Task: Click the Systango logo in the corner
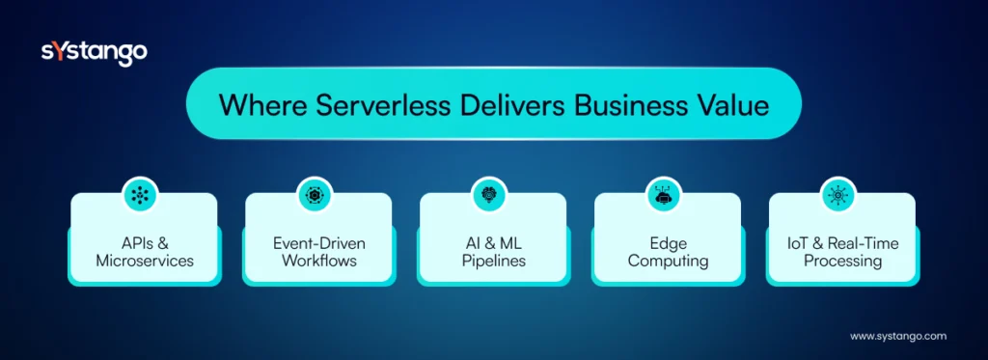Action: tap(94, 53)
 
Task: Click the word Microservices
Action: tap(144, 261)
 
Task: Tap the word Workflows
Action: tap(318, 261)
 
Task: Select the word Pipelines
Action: tap(492, 261)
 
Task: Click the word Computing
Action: tap(667, 261)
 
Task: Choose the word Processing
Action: tap(841, 261)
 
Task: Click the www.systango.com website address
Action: tap(897, 336)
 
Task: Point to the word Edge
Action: tap(667, 242)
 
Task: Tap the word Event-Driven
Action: tap(318, 242)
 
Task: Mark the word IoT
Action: tap(798, 242)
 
